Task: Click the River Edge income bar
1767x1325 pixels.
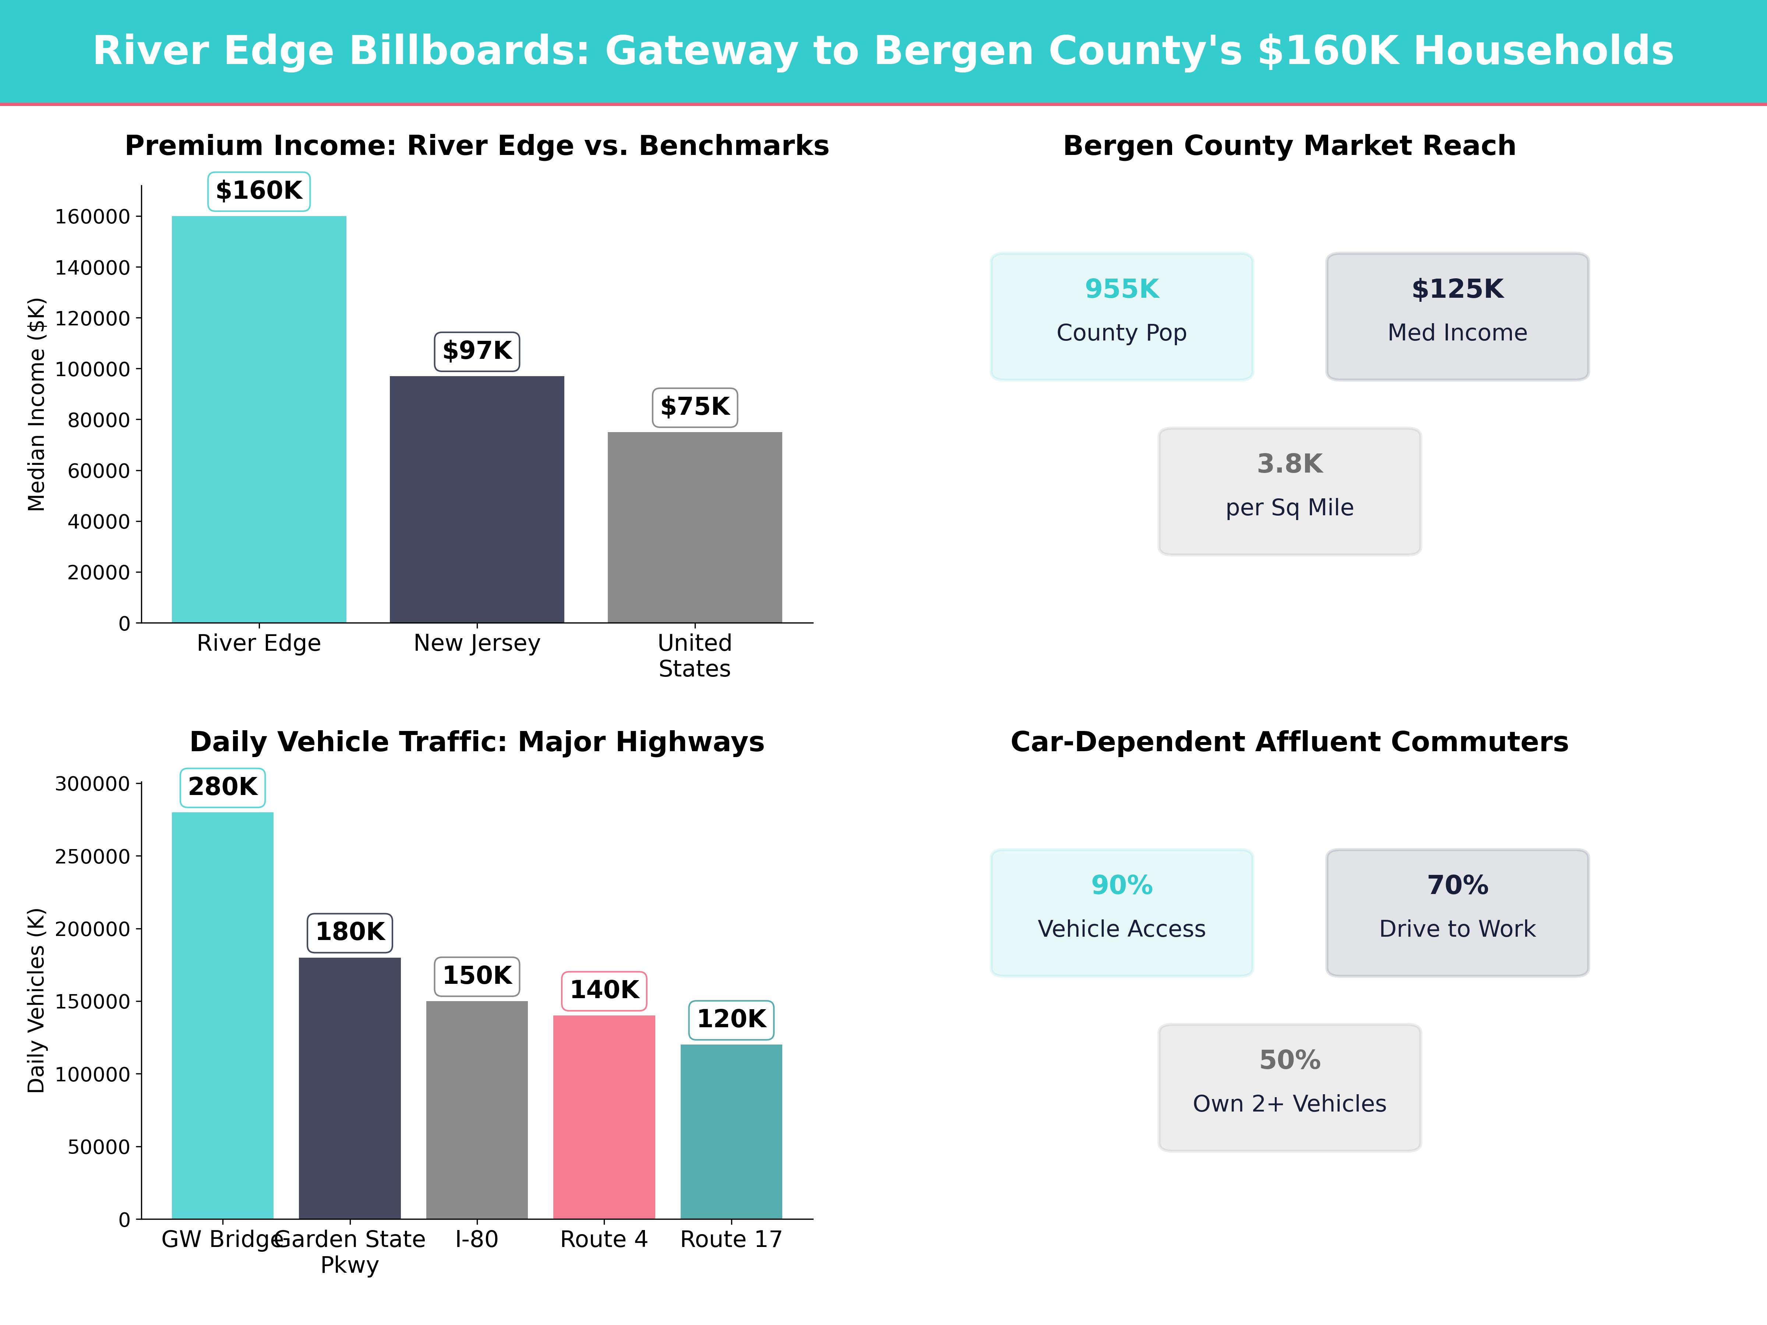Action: tap(259, 419)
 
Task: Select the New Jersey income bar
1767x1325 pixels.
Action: tap(477, 499)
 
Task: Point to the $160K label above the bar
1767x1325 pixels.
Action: tap(259, 191)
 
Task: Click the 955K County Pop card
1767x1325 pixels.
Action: tap(1122, 316)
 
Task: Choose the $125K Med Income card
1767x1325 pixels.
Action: tap(1457, 316)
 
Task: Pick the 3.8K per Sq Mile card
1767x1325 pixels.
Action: tap(1289, 491)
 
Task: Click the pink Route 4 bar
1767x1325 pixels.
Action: tap(604, 1117)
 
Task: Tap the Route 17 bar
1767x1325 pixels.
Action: tap(731, 1131)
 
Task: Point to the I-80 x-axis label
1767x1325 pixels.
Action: tap(477, 1240)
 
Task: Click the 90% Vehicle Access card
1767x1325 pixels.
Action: tap(1122, 912)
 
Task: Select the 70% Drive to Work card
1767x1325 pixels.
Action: tap(1457, 912)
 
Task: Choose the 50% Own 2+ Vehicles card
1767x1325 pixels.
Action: tap(1289, 1087)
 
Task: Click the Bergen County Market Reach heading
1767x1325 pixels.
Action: tap(1289, 146)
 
